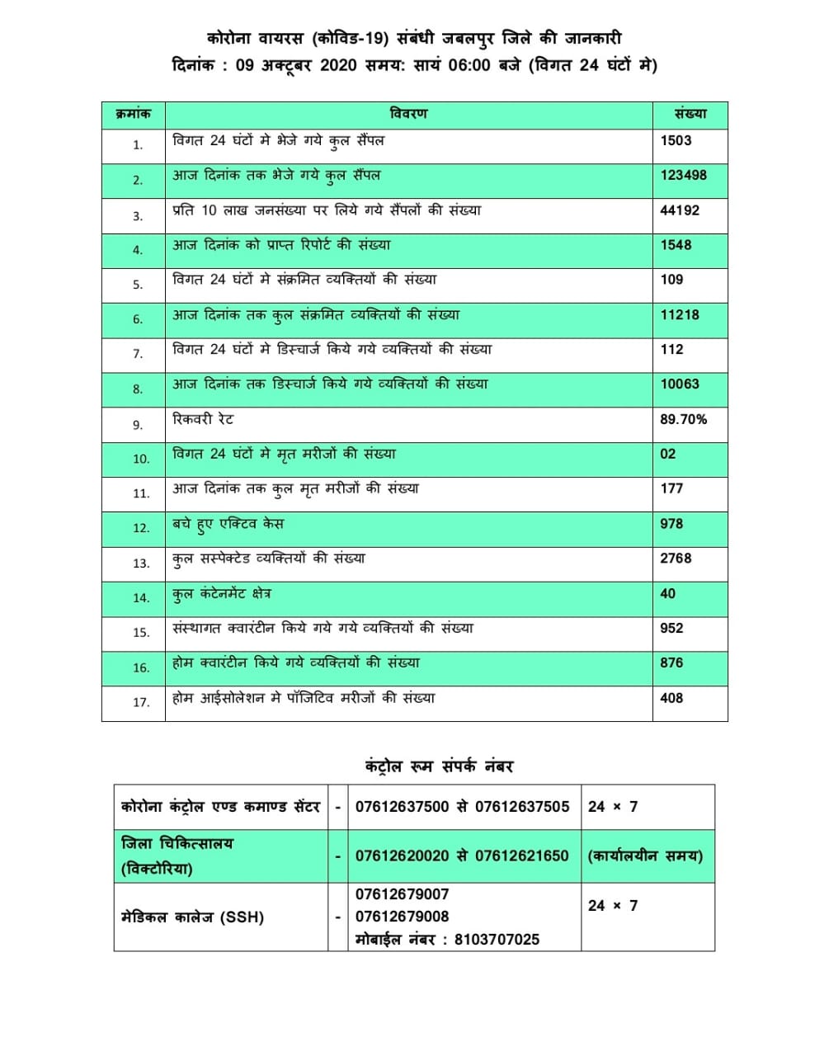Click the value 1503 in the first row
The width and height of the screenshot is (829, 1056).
pos(676,140)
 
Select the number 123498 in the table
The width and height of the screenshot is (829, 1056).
pos(683,175)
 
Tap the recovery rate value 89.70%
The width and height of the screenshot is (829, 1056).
pos(683,419)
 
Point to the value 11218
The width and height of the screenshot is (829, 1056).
pos(679,314)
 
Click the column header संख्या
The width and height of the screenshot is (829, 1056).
pos(690,114)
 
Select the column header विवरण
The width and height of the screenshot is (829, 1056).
pos(408,114)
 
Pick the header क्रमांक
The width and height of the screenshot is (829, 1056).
pos(133,114)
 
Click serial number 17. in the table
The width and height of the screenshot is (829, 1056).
pos(141,702)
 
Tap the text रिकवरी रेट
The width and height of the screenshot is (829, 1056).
pos(203,419)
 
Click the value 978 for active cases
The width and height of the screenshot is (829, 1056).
pos(671,524)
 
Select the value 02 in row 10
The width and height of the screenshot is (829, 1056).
pos(667,454)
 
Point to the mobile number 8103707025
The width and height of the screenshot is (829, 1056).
pos(497,939)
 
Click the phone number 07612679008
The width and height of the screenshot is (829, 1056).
pos(402,917)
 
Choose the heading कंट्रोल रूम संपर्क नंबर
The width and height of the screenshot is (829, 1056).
pos(439,766)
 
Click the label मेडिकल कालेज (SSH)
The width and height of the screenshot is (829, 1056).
pos(192,917)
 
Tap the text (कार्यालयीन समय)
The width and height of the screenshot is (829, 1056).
pos(645,856)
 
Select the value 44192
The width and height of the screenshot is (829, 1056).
pos(679,210)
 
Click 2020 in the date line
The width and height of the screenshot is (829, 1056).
pos(337,65)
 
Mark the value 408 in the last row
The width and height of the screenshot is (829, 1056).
pos(671,698)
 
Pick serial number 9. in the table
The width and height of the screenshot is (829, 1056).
pos(138,425)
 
